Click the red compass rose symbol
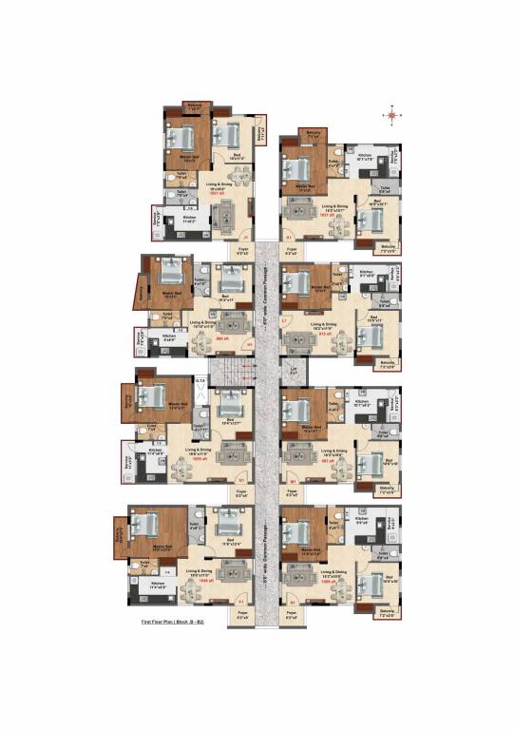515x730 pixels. tap(392, 114)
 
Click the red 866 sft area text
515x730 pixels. tap(221, 338)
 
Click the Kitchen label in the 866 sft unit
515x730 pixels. tap(168, 336)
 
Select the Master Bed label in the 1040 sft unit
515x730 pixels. tap(158, 547)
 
